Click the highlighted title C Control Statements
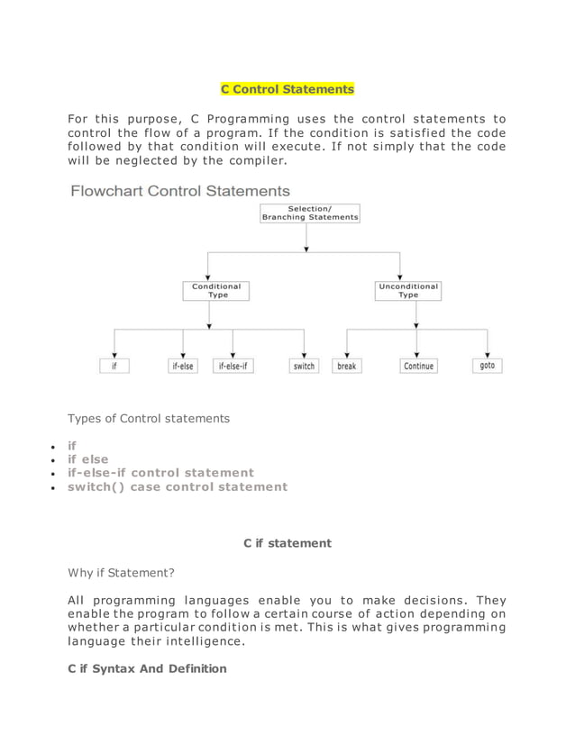[x=287, y=89]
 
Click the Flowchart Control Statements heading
[x=180, y=191]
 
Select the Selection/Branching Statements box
[x=309, y=213]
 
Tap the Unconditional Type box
[x=408, y=290]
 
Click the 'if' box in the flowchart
[x=114, y=367]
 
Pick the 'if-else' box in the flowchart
[x=182, y=367]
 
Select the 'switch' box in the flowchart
[x=304, y=367]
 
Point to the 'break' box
[x=346, y=367]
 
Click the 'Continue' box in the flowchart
[x=418, y=367]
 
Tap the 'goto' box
[x=488, y=366]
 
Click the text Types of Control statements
[x=149, y=418]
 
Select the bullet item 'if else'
[x=88, y=459]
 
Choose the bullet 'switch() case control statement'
[x=178, y=486]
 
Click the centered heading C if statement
[x=287, y=543]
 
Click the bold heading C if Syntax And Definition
[x=148, y=668]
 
